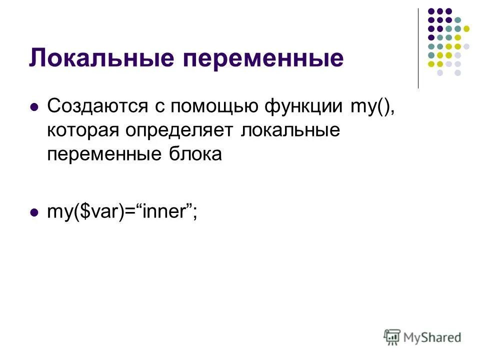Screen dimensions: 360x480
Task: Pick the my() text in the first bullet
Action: [371, 106]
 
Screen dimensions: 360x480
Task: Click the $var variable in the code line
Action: [91, 211]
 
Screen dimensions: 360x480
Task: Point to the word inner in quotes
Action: [164, 211]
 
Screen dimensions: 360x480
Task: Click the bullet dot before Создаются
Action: [34, 107]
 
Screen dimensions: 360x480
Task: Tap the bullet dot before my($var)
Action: [34, 212]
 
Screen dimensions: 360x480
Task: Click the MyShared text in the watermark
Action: [433, 337]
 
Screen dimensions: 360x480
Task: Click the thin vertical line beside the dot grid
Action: [418, 48]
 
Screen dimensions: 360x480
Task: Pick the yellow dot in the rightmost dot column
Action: [466, 28]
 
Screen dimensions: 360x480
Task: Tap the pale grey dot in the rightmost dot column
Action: [466, 46]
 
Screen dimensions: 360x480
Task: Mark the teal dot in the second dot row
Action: [457, 19]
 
